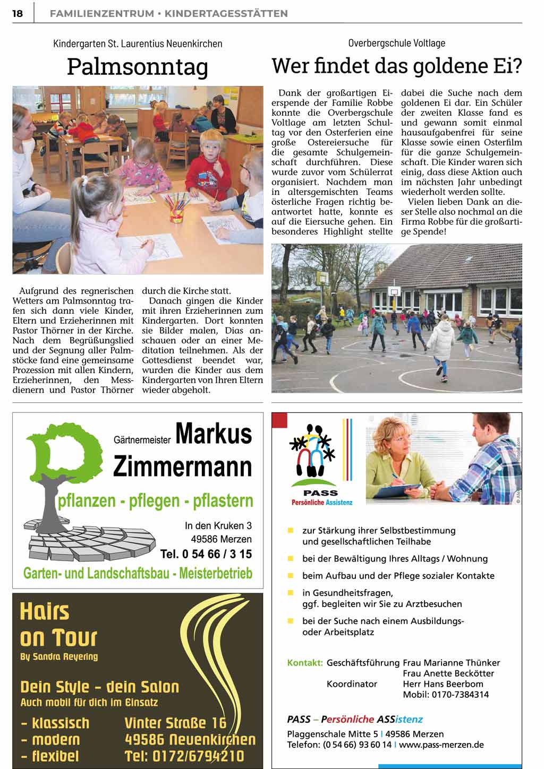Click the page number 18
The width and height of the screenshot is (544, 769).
click(x=18, y=13)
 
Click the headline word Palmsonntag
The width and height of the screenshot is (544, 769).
click(x=138, y=67)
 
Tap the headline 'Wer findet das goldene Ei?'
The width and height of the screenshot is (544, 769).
click(x=396, y=66)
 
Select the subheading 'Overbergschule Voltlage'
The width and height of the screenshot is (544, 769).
click(x=396, y=43)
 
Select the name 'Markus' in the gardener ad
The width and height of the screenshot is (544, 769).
click(x=214, y=434)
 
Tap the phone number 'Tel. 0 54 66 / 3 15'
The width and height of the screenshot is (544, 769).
click(x=206, y=555)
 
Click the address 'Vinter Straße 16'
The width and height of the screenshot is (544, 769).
click(x=175, y=723)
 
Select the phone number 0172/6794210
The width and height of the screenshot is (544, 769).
click(x=184, y=756)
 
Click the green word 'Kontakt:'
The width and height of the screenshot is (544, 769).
click(x=305, y=663)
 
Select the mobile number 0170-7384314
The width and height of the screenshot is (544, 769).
click(x=446, y=695)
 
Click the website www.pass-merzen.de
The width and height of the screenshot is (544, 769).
click(x=441, y=745)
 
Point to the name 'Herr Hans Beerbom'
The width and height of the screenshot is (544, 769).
click(x=443, y=684)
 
